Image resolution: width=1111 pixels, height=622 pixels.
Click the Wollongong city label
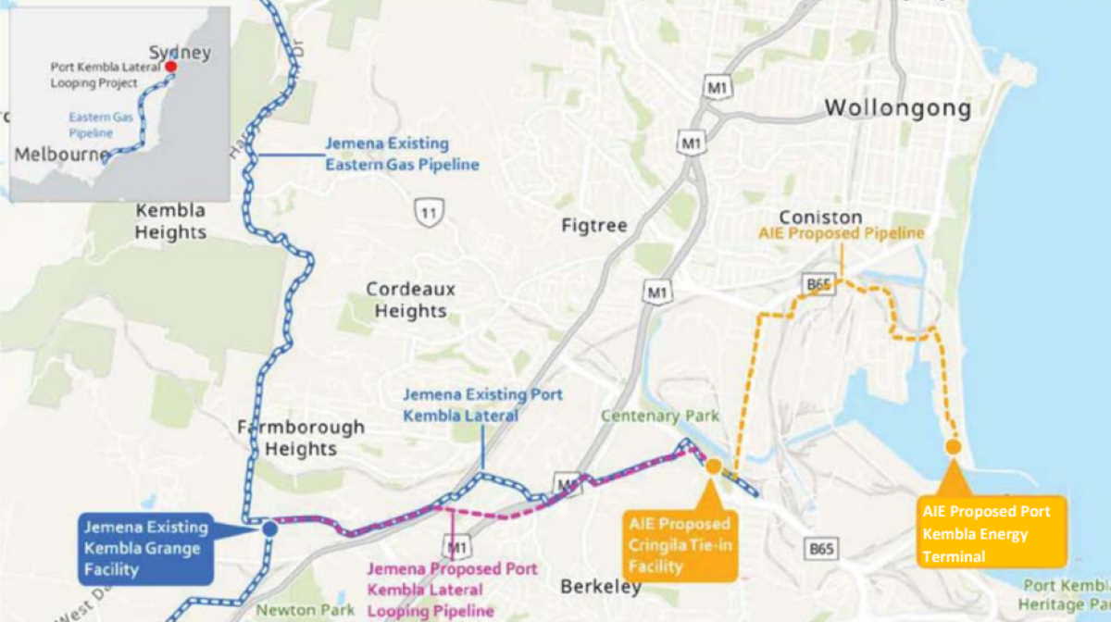(897, 108)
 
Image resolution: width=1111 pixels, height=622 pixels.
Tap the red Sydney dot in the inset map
(171, 67)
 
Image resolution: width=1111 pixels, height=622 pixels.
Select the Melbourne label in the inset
(61, 155)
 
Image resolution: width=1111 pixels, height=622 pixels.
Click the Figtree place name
(594, 225)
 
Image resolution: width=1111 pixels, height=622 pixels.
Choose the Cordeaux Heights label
(410, 300)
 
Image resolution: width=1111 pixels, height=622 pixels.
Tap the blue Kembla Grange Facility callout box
(146, 549)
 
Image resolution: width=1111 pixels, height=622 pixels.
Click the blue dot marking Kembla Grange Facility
(269, 529)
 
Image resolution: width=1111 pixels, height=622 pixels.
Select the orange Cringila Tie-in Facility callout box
(680, 545)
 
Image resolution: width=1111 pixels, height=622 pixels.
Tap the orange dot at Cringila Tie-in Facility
(713, 466)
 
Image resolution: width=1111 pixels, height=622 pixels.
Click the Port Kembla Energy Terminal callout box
(992, 533)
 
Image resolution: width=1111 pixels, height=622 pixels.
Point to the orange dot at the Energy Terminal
(953, 447)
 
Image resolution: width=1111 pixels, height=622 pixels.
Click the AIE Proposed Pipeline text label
(841, 234)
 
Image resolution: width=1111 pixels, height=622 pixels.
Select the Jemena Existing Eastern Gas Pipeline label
(401, 155)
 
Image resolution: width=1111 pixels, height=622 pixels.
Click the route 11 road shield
(429, 213)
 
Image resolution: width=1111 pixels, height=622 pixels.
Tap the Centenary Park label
(659, 417)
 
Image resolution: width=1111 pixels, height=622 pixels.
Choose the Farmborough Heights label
(301, 439)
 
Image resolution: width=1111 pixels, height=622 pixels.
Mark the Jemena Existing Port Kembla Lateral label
(481, 405)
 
